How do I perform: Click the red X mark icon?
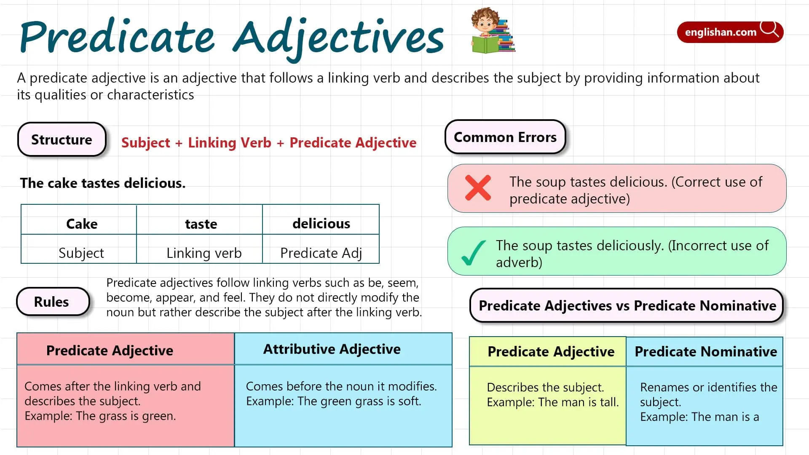tap(478, 187)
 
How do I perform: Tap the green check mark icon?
tap(473, 253)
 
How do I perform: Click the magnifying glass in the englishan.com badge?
tap(769, 29)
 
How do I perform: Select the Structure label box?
tap(62, 139)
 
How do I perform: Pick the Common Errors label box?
tap(505, 137)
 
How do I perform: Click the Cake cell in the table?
tap(82, 223)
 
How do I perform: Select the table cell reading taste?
tap(201, 223)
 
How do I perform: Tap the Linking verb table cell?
tap(204, 253)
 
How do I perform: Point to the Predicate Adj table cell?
tap(321, 253)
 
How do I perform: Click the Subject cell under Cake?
tap(81, 253)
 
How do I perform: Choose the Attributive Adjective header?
tap(332, 349)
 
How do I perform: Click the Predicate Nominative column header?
tap(706, 351)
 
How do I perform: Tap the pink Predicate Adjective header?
tap(110, 350)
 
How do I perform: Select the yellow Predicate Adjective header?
tap(551, 351)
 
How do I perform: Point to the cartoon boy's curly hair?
tap(485, 15)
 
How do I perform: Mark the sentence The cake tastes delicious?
tap(103, 183)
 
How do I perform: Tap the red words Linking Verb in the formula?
tap(230, 143)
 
